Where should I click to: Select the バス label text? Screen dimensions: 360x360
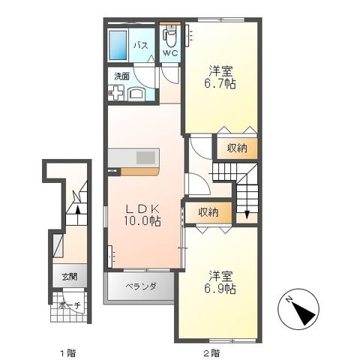tap(139, 46)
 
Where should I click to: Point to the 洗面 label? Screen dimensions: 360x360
tap(121, 76)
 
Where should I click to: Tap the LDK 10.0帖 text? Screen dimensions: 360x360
tap(142, 215)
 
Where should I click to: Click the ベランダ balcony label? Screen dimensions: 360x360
tap(140, 286)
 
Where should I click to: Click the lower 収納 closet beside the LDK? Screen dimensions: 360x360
tap(208, 212)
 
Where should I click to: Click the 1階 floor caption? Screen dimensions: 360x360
tap(69, 351)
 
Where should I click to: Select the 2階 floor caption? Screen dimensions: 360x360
tap(211, 351)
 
